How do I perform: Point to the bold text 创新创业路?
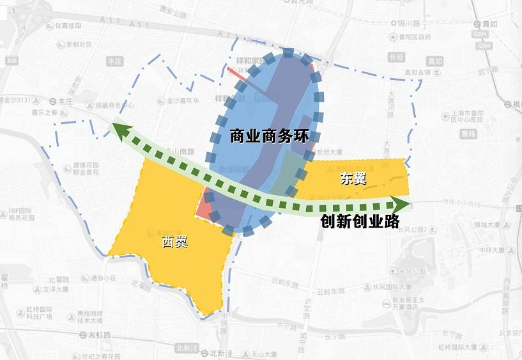360,221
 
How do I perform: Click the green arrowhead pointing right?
403,205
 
